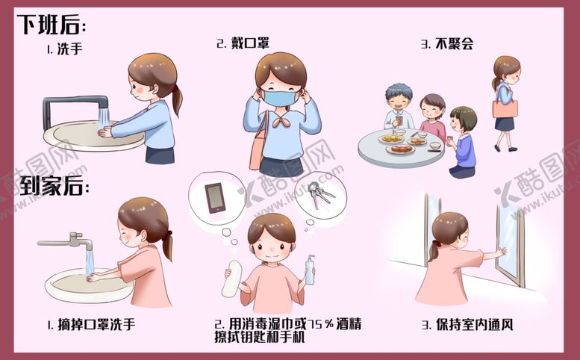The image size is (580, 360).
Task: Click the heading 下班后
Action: pos(51,25)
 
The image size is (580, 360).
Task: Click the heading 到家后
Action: pos(51,184)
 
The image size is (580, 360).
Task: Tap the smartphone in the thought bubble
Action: pos(215,197)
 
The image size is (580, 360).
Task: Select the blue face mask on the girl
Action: pos(280,97)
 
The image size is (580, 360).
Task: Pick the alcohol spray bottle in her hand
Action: pos(309,270)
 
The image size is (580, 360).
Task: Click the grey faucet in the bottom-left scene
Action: pos(71,241)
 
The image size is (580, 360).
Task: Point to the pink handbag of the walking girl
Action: pos(505,109)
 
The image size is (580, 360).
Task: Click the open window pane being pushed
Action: pos(511,239)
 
